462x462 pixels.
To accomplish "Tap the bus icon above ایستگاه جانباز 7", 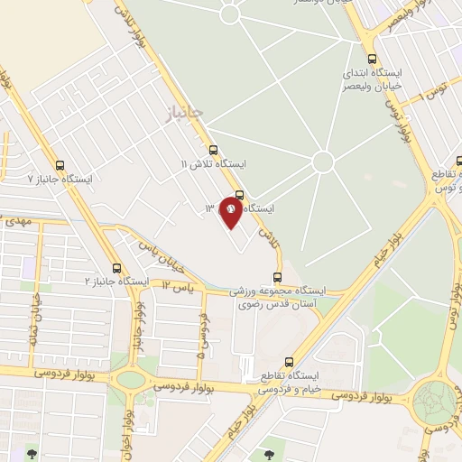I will tap(60, 165).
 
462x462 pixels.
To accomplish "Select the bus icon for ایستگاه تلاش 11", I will tap(213, 150).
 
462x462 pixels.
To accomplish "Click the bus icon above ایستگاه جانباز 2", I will tap(115, 268).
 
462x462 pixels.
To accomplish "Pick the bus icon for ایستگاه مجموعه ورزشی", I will tap(277, 278).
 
